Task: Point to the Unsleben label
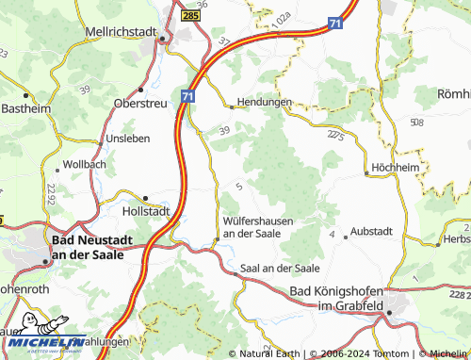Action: click(x=128, y=139)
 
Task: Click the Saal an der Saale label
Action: click(x=281, y=268)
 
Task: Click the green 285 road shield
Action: click(x=191, y=16)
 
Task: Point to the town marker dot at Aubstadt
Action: click(x=345, y=237)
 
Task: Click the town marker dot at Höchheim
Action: click(x=366, y=173)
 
